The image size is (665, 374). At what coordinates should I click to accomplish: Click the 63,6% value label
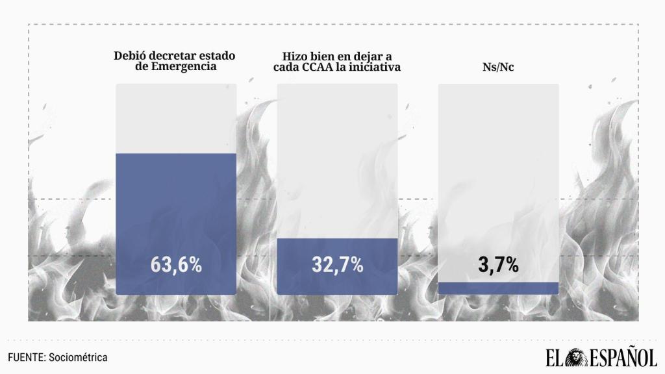[x=176, y=265]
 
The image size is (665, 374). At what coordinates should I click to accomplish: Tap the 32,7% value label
[x=337, y=265]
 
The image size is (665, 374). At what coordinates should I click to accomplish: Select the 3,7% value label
[x=498, y=265]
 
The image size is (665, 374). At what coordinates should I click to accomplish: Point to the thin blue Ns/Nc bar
[x=498, y=288]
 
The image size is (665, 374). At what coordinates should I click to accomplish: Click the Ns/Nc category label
[x=498, y=68]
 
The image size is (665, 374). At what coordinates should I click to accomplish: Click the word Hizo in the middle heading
[x=295, y=56]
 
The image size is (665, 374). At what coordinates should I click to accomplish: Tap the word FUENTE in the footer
[x=25, y=358]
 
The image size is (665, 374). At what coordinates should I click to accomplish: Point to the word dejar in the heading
[x=369, y=56]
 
